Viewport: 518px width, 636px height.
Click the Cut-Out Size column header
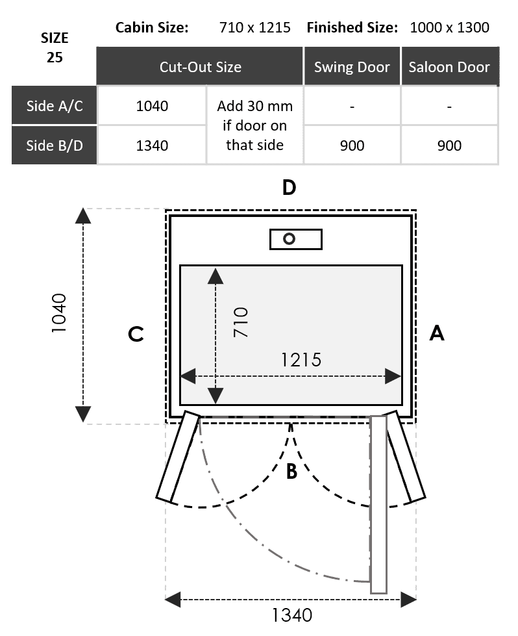pos(200,67)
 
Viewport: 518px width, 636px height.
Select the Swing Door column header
pos(352,67)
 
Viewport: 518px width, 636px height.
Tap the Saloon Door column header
pos(449,67)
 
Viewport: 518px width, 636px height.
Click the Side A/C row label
pos(55,106)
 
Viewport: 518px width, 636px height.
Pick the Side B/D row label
pos(55,146)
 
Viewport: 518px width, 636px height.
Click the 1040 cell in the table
pos(152,106)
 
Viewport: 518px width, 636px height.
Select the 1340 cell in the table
pos(152,146)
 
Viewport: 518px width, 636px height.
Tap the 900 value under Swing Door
pos(352,146)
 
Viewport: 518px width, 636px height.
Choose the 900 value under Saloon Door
pos(449,146)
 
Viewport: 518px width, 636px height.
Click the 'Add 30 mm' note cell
pos(254,125)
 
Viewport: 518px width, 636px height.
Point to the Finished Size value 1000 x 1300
pos(449,27)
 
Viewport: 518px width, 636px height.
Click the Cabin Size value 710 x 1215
pos(255,27)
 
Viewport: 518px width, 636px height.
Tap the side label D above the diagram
pos(289,187)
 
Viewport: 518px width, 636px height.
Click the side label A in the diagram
pos(437,333)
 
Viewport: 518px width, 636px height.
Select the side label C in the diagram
pos(136,334)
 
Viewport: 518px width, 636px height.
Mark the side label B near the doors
pos(292,472)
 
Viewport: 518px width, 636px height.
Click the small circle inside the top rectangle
pos(289,239)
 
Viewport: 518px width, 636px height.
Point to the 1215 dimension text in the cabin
pos(301,360)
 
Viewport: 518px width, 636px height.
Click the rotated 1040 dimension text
pos(59,313)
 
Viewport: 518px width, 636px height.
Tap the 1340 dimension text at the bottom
pos(292,615)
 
